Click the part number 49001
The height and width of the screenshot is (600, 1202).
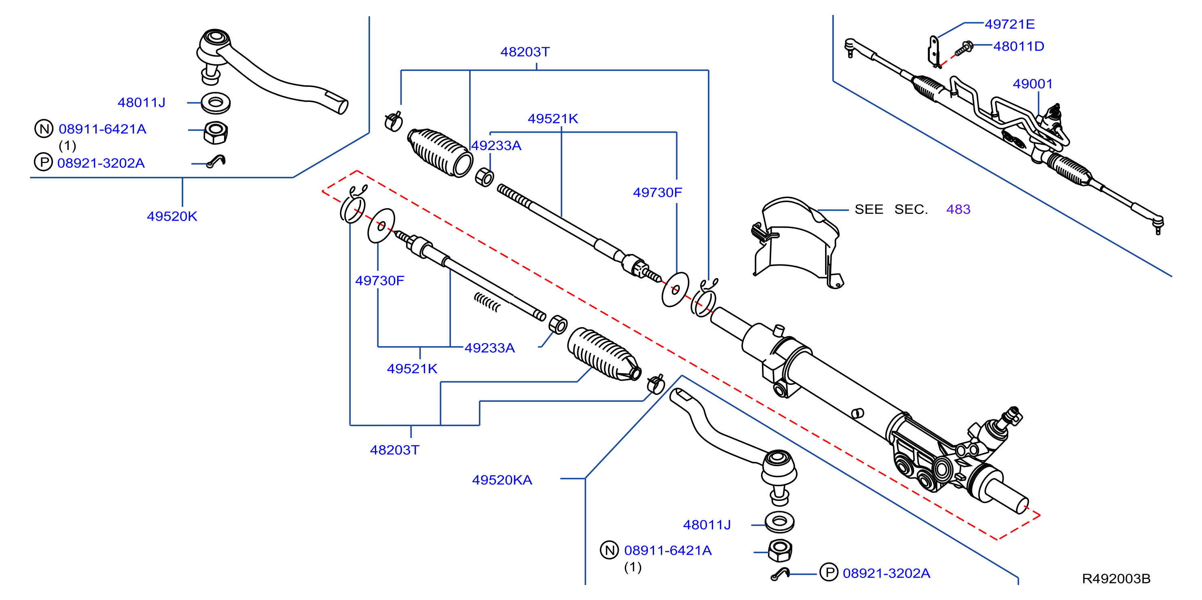(x=1032, y=84)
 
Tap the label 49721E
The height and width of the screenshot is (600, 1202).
(x=1009, y=24)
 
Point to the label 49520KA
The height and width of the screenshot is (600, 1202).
(x=502, y=480)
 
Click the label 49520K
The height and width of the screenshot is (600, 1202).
(x=172, y=216)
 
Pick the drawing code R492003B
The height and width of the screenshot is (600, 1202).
(x=1116, y=579)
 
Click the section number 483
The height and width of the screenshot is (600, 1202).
(x=958, y=209)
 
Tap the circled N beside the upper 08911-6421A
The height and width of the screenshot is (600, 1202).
(x=44, y=129)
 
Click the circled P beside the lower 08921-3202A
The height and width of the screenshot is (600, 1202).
(x=829, y=573)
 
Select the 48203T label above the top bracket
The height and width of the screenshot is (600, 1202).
(x=525, y=52)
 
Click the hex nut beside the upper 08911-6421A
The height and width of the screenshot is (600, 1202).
(x=216, y=133)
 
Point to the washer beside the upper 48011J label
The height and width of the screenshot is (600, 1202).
(x=216, y=103)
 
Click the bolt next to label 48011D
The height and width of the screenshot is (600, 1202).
(x=963, y=49)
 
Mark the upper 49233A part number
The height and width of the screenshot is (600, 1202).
(x=496, y=146)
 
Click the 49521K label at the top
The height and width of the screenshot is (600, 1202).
(x=553, y=119)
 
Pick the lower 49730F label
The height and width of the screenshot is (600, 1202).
(x=380, y=281)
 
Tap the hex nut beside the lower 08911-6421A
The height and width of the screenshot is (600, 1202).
(x=780, y=551)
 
